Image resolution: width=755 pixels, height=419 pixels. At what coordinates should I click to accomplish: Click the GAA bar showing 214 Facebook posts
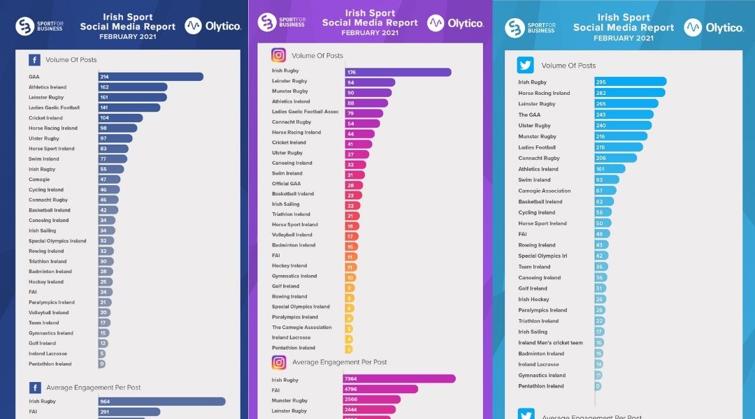tap(150, 77)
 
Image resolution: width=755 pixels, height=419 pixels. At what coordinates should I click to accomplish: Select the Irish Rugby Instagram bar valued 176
tap(397, 71)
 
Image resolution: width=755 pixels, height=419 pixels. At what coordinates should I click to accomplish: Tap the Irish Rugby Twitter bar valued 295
tap(630, 82)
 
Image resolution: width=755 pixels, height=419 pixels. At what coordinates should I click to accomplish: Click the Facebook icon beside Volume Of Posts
tap(34, 60)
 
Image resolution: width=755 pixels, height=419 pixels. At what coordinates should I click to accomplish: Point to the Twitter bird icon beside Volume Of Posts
tap(526, 65)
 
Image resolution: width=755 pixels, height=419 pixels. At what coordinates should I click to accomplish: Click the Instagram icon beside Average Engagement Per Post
tap(279, 362)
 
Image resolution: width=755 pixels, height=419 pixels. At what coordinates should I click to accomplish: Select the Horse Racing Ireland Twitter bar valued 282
tap(629, 93)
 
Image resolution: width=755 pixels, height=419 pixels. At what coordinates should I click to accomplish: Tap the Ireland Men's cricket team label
tap(550, 343)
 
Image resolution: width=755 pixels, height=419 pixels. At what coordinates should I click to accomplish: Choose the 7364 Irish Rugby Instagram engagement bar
tap(399, 379)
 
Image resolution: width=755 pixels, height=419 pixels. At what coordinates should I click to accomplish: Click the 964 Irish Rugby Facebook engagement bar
tap(161, 402)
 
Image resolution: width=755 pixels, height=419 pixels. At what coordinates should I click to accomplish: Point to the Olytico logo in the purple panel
tap(456, 23)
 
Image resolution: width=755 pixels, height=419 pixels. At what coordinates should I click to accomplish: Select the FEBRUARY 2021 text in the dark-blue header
tap(127, 36)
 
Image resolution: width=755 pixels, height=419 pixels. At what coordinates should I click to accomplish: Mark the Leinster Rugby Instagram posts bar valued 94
tap(369, 82)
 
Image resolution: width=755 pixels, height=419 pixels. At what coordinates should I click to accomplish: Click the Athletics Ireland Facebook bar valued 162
tap(132, 87)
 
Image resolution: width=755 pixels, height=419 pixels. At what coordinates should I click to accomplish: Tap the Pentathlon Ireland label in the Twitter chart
tap(540, 386)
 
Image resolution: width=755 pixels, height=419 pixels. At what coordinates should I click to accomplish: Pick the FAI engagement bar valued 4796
tap(380, 389)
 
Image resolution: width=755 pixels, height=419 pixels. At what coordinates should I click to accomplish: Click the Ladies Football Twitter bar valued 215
tap(618, 147)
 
